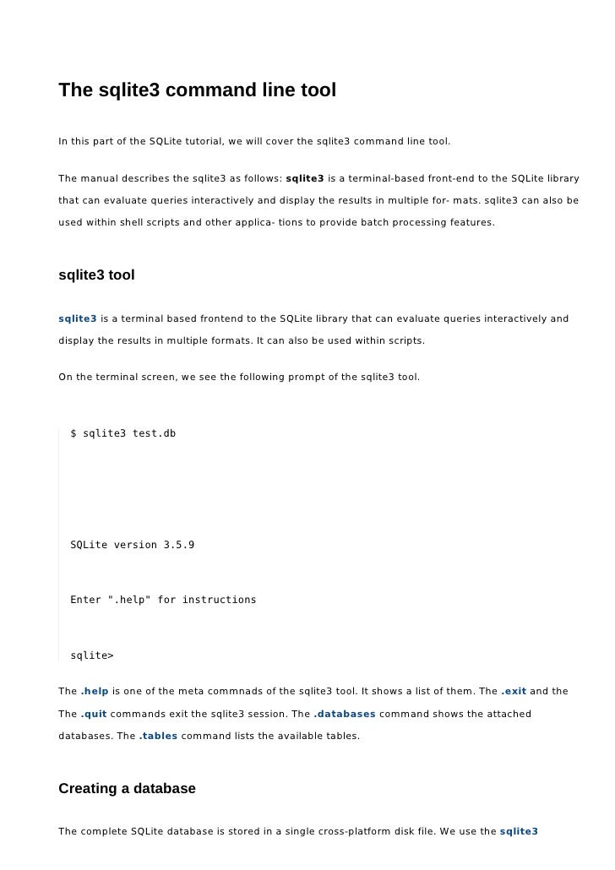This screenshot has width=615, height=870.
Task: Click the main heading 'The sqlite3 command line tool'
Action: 197,89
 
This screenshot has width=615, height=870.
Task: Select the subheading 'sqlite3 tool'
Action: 96,275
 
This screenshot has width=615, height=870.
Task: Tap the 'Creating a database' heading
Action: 127,788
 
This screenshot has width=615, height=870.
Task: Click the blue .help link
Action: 95,692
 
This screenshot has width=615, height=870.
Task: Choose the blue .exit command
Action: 514,692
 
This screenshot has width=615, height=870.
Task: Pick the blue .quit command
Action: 94,714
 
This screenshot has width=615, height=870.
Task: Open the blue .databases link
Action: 345,714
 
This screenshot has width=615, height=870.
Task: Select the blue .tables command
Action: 158,736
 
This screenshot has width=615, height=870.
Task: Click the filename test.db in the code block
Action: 155,433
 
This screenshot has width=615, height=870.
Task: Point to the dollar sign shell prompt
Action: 73,433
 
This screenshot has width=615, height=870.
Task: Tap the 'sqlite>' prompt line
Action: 92,655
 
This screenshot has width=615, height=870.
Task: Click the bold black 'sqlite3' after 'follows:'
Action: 305,179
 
